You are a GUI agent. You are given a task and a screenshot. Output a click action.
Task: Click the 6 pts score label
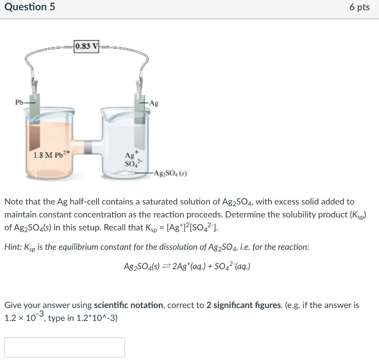(x=359, y=7)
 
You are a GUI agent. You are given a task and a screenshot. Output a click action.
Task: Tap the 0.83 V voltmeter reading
(x=87, y=46)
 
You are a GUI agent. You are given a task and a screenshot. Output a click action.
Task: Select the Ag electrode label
(x=154, y=104)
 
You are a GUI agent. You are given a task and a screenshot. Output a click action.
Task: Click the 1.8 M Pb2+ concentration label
(x=51, y=154)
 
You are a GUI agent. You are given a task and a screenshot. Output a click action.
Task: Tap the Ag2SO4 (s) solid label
(x=171, y=173)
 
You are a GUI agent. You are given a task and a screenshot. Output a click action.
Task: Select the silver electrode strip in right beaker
(x=140, y=122)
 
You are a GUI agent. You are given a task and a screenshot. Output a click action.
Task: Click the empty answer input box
(x=65, y=347)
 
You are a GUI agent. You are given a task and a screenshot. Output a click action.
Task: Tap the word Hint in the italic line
(x=13, y=247)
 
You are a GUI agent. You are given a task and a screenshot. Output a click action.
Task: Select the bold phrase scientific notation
(x=128, y=306)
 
